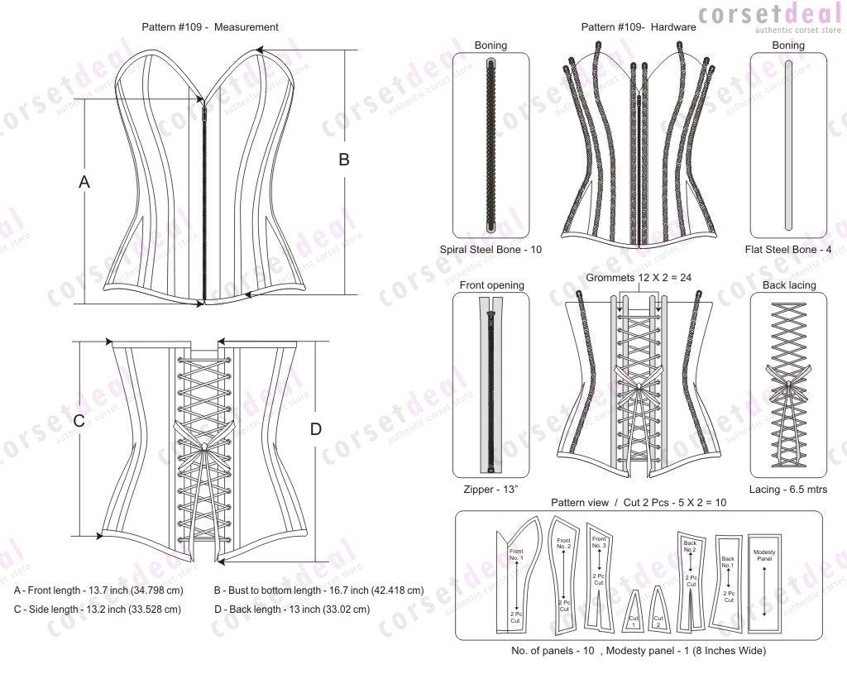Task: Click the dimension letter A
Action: (x=84, y=182)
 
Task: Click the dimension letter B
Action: (x=344, y=160)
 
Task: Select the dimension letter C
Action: (x=79, y=420)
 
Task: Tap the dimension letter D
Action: (x=315, y=429)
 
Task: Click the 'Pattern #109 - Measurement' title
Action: (x=209, y=27)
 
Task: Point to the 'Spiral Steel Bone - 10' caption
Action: (x=490, y=249)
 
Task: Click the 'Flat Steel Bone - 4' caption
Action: (x=787, y=249)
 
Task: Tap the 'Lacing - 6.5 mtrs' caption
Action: (x=788, y=490)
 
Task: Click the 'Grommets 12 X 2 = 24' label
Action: (x=638, y=278)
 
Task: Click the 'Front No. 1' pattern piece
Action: (x=515, y=579)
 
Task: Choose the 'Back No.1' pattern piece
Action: (x=728, y=579)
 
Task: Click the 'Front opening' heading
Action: (x=490, y=285)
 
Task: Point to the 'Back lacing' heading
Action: (x=788, y=285)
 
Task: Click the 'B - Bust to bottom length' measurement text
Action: (x=318, y=590)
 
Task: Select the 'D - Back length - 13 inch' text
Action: (x=291, y=609)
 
